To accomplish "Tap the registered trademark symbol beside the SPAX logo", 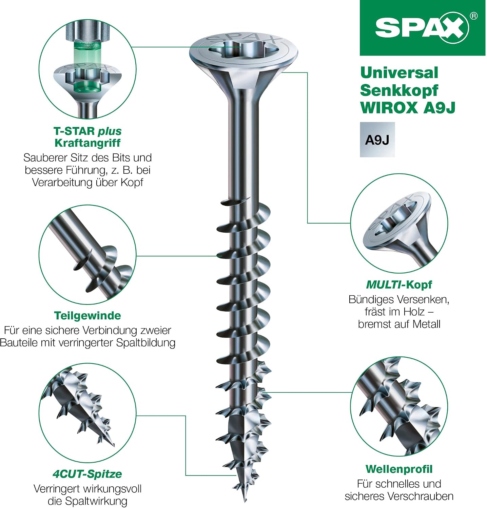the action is pos(473,16).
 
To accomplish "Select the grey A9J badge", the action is pos(377,140).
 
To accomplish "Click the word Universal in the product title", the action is pos(399,73).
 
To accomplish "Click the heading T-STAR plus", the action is pos(87,131).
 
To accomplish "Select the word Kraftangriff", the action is pos(87,143).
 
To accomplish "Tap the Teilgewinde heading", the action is pos(87,316).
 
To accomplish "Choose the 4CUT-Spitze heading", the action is pos(87,474).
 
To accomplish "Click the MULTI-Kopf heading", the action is pos(399,285).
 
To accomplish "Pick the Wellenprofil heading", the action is pos(399,469).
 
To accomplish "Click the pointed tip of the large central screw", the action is pos(245,501).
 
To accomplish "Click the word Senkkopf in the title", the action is pos(399,90).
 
